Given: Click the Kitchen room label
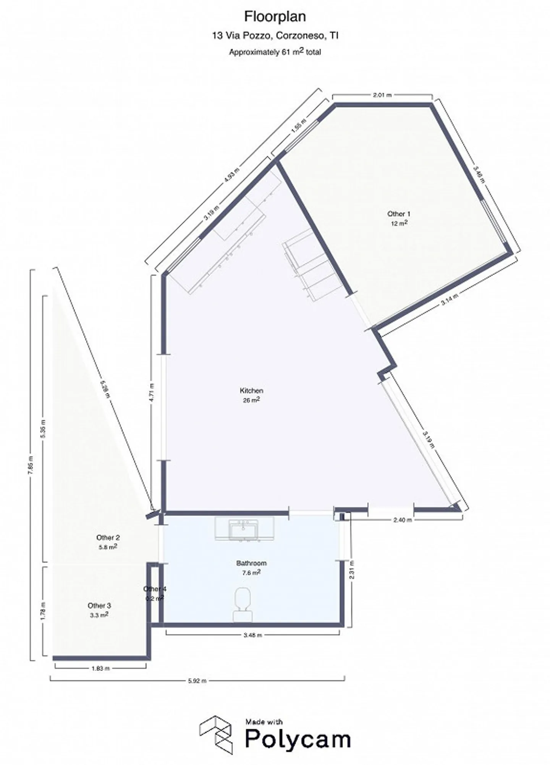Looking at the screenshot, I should tap(251, 391).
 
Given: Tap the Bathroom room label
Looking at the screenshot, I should tap(251, 563).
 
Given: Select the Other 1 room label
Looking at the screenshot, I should tap(399, 214).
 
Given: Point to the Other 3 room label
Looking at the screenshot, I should tap(99, 605).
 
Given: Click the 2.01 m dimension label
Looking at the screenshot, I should tap(382, 95).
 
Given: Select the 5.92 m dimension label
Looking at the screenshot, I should tap(197, 681).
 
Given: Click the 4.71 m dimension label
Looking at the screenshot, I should tap(152, 392).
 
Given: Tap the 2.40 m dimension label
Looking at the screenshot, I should tap(403, 519).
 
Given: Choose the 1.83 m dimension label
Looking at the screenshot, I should tap(100, 668).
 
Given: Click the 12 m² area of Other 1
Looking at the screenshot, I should tap(399, 223).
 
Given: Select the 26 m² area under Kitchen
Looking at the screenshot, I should tap(251, 400).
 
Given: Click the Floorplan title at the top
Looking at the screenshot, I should tap(275, 17).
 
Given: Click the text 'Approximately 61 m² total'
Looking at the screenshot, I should tap(275, 52).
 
